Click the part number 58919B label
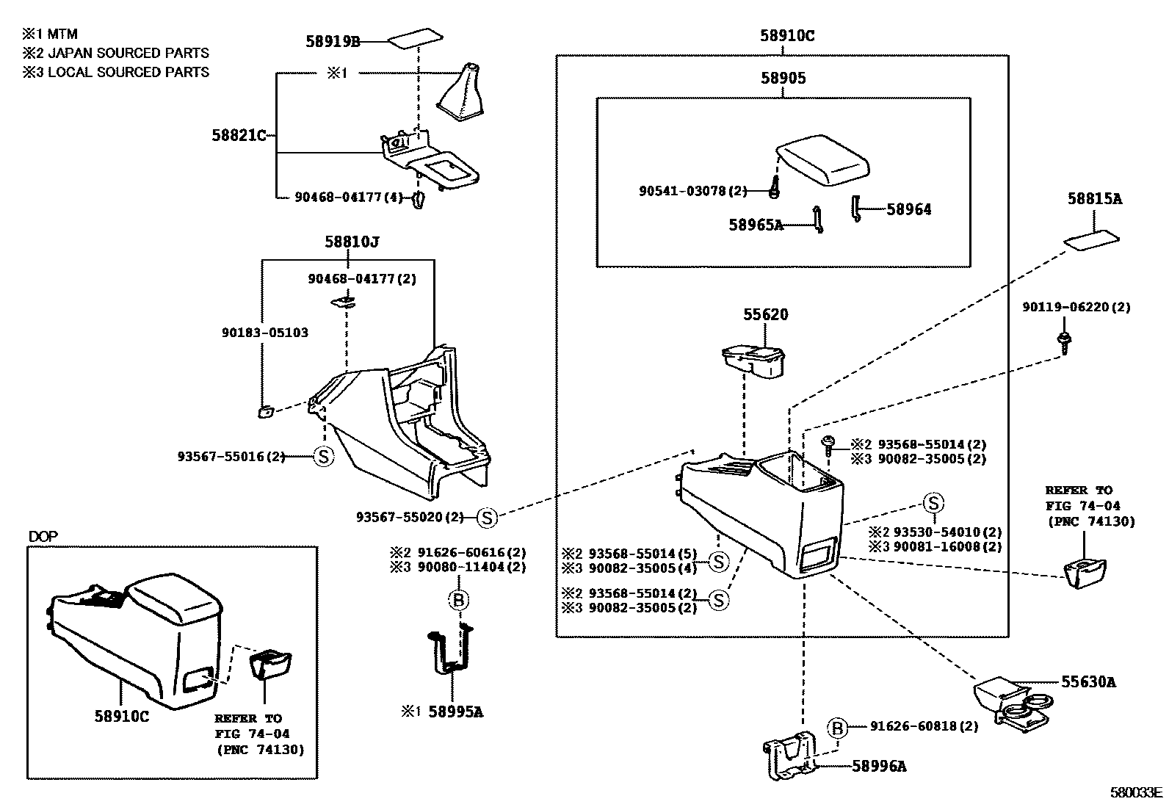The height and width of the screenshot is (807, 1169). (x=333, y=42)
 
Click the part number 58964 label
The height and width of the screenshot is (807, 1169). (x=908, y=210)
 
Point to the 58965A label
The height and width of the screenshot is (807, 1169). (x=756, y=225)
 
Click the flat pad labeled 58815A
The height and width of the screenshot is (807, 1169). (x=1092, y=239)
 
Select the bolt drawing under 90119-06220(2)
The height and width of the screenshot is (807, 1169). (x=1063, y=339)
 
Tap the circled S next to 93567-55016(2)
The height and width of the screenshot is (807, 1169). (x=323, y=457)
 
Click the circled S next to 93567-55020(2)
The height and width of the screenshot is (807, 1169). (x=487, y=518)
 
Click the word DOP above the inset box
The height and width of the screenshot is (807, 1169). (x=43, y=537)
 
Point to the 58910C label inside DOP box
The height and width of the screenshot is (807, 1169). (x=121, y=716)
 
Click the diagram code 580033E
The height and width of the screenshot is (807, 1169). (x=1136, y=793)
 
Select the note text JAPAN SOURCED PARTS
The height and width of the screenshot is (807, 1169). (x=128, y=53)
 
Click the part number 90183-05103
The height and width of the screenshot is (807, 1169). (x=264, y=333)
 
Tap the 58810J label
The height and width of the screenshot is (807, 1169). (x=352, y=242)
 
